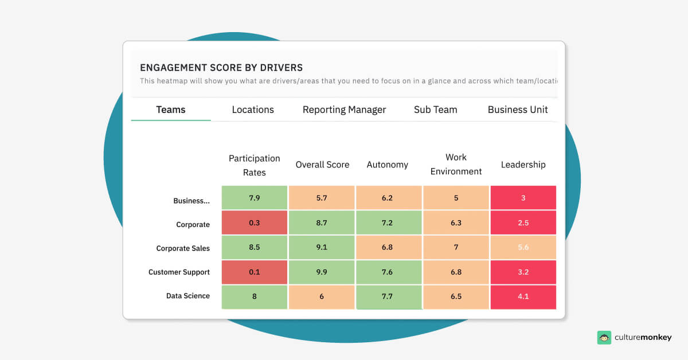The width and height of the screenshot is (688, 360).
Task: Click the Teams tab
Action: (x=171, y=109)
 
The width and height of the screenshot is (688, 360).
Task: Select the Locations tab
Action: (x=253, y=109)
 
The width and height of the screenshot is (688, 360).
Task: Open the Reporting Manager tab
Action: (x=344, y=109)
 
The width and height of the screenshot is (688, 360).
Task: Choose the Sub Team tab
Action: (x=435, y=109)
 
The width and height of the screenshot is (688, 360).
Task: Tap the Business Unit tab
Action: (x=517, y=109)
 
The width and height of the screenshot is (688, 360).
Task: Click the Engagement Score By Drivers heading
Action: (x=221, y=68)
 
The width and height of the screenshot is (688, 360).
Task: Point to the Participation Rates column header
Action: (x=254, y=165)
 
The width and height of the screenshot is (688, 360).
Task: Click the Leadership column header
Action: (x=523, y=165)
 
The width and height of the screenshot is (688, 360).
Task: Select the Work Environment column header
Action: (x=456, y=165)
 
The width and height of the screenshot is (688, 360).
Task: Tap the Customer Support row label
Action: (x=179, y=272)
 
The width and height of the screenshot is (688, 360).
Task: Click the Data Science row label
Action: (x=188, y=296)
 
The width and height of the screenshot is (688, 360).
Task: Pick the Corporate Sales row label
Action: (x=183, y=248)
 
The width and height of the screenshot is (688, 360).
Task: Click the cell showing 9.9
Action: (x=322, y=272)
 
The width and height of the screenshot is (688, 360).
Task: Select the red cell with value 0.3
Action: (x=255, y=222)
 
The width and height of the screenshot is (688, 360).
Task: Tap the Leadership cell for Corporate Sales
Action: (x=523, y=247)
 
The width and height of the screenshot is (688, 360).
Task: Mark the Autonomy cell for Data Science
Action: (x=389, y=297)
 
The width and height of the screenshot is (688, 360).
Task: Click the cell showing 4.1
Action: (x=523, y=297)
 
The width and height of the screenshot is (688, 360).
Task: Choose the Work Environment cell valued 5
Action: (x=456, y=198)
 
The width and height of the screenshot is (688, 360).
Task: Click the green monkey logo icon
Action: (x=604, y=338)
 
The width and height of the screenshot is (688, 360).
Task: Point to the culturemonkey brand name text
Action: (x=643, y=338)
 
